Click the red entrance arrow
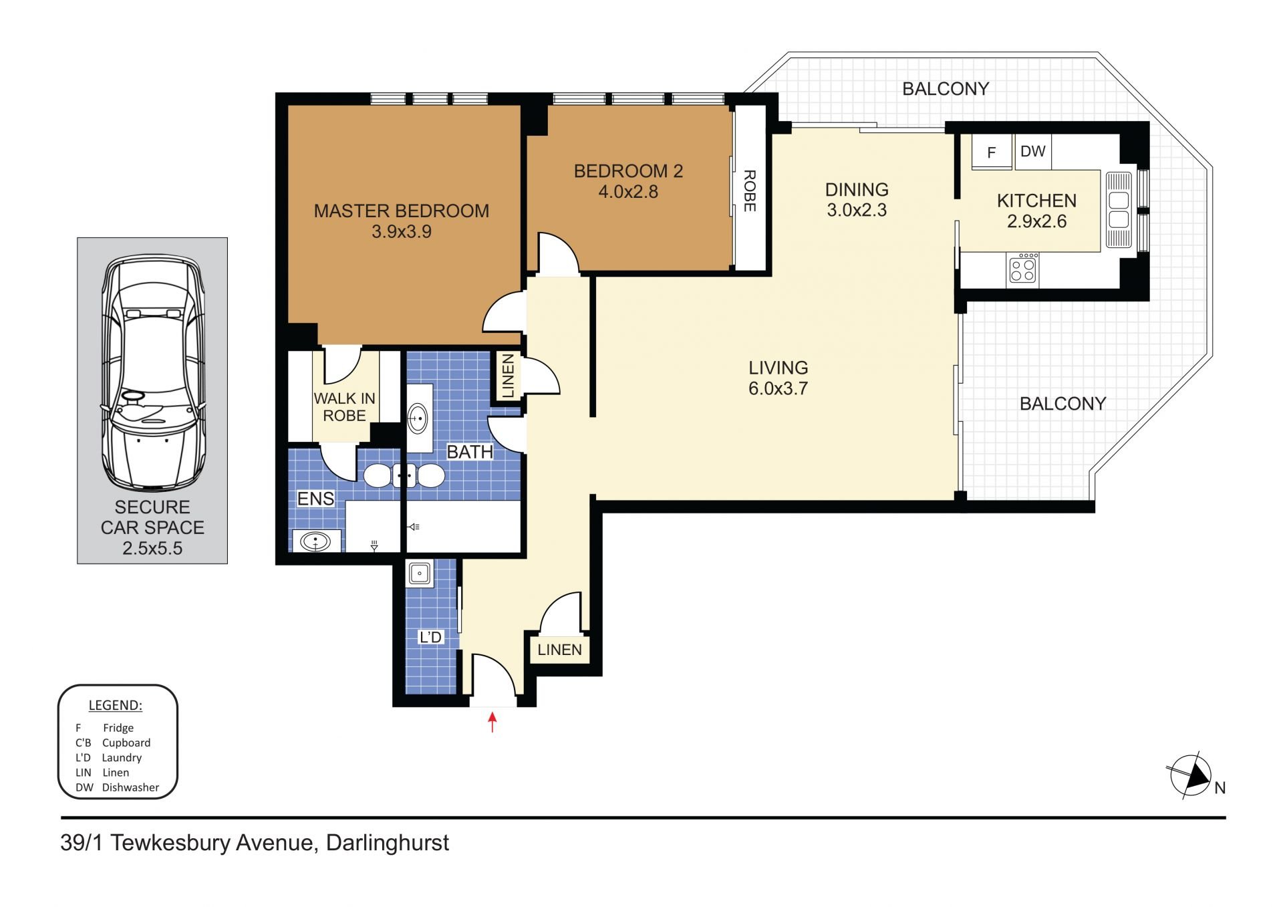tap(492, 722)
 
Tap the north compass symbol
tap(1191, 776)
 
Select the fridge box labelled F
tap(992, 152)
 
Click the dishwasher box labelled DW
tap(1033, 151)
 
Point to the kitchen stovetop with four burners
tap(1022, 269)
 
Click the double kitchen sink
tap(1119, 210)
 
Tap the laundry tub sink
tap(420, 573)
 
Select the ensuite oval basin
tap(315, 541)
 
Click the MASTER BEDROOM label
tap(402, 211)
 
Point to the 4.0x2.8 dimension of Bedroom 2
tap(628, 192)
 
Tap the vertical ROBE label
tap(750, 191)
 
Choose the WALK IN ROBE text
tap(344, 407)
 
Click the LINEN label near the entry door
tap(559, 650)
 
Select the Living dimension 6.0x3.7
tap(778, 388)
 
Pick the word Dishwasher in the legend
tap(130, 787)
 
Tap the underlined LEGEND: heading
tap(116, 705)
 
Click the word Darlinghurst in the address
tap(388, 844)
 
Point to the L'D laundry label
tap(430, 637)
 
